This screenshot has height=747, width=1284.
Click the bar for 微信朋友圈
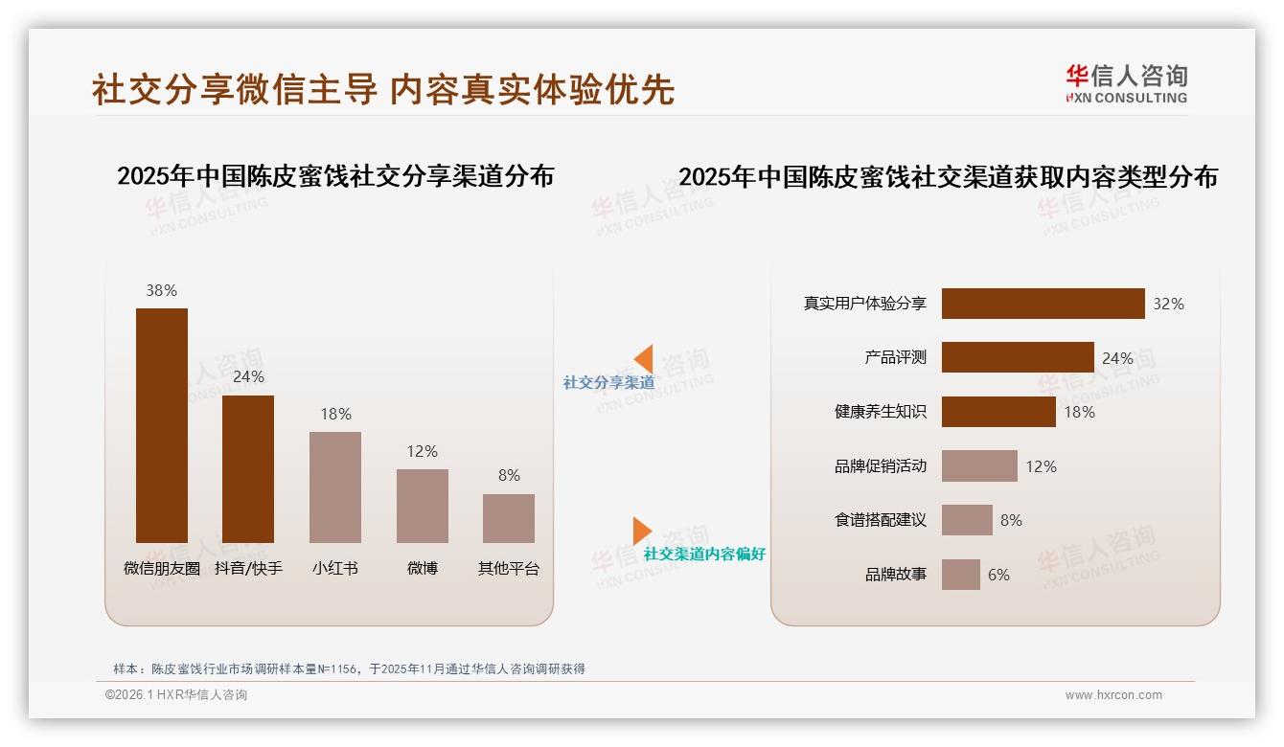pos(162,425)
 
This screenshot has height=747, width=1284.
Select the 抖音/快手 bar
pos(248,469)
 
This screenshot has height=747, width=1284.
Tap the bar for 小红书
pos(335,487)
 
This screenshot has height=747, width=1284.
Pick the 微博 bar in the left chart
pos(422,506)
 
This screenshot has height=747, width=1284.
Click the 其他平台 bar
pos(509,518)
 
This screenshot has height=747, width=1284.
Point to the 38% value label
pos(162,290)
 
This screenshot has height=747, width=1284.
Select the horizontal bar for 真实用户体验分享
pos(1043,304)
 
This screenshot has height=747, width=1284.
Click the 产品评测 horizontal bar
pos(1018,357)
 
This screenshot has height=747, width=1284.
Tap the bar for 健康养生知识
pos(998,412)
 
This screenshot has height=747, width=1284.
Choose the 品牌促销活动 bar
pos(979,466)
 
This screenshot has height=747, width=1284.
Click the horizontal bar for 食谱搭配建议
pos(967,520)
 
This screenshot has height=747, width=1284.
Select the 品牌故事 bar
pos(961,575)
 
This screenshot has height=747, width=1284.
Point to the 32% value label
pos(1168,304)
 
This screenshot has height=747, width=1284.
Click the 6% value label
pos(998,575)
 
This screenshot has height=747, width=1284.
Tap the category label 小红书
pos(335,568)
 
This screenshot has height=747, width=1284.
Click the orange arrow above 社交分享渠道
pos(644,359)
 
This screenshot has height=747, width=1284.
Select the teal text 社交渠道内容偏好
pos(704,554)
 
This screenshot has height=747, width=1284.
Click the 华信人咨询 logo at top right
pos(1126,83)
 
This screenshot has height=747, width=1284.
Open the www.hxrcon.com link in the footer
pos(1113,695)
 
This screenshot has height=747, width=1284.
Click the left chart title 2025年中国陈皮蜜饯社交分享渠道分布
pos(335,176)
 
